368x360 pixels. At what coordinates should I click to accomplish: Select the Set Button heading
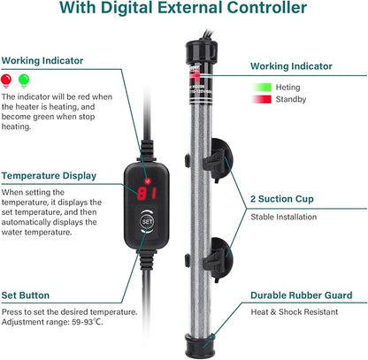click(27, 295)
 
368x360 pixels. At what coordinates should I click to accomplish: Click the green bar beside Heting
click(262, 88)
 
